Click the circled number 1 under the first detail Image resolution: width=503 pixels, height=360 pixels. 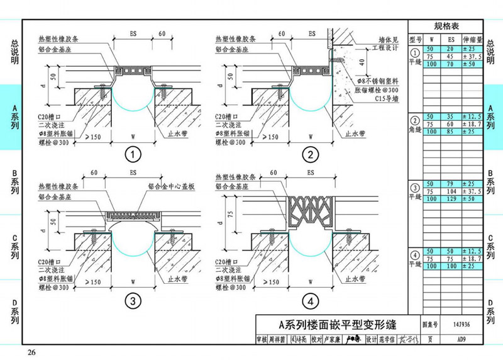tap(133, 154)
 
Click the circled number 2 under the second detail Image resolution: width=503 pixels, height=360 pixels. tap(309, 154)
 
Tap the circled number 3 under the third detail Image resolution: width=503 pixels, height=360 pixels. tap(133, 301)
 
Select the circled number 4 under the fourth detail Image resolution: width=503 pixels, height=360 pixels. tap(309, 301)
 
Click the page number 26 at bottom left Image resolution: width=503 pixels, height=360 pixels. tap(31, 351)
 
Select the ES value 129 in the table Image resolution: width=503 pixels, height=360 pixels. tap(451, 199)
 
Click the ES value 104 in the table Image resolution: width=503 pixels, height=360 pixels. tap(451, 191)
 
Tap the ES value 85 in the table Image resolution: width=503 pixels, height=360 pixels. tap(451, 132)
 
